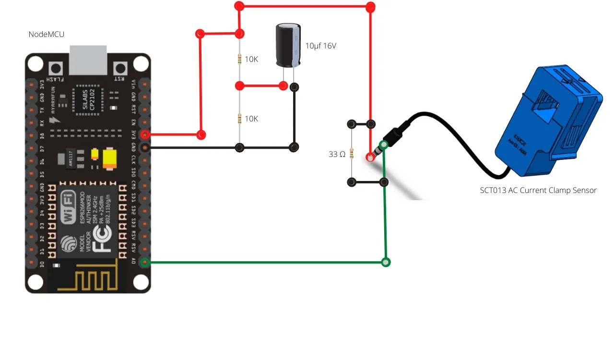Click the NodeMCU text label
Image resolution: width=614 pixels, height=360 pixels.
[47, 34]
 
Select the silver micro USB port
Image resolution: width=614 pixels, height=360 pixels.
[88, 60]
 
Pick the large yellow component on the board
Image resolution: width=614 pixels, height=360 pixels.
[110, 158]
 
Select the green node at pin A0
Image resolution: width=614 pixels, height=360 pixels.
[145, 262]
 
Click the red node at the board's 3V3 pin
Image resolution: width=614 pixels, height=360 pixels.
[145, 135]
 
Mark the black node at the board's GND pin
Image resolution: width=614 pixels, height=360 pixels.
[145, 147]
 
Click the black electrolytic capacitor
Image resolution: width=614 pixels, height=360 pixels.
[288, 46]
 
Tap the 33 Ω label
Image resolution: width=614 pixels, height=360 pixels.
[337, 154]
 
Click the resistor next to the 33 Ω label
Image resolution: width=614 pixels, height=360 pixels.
[352, 154]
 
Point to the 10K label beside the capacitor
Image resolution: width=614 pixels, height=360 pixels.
[251, 60]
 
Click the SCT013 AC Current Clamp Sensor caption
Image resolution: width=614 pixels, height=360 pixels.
[538, 191]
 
